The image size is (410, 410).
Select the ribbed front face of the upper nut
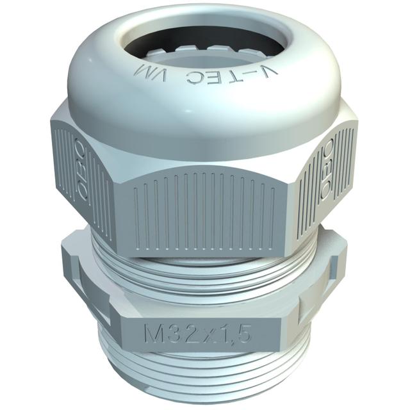click(205, 205)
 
